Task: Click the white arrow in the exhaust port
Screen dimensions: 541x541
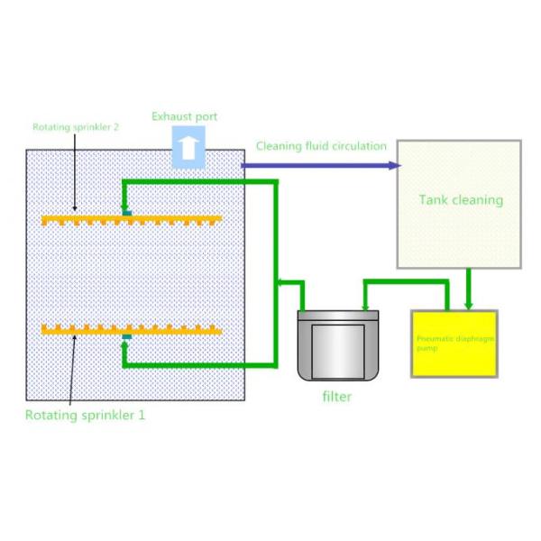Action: tap(188, 148)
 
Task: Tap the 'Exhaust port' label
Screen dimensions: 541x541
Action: tap(184, 116)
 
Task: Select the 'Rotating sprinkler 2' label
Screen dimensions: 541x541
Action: tap(76, 127)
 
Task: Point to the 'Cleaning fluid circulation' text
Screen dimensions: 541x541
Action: tap(322, 145)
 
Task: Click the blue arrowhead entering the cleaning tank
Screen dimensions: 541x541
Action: tap(394, 165)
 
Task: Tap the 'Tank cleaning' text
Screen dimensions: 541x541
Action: tap(461, 199)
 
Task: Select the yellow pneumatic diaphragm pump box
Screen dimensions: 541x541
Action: tap(454, 343)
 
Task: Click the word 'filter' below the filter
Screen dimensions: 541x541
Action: tap(337, 397)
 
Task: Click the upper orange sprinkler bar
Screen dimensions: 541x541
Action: tap(132, 219)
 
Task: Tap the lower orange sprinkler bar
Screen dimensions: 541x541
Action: tap(132, 330)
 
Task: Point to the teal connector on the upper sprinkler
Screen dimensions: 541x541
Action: tap(128, 213)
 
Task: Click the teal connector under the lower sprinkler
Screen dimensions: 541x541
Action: tap(127, 337)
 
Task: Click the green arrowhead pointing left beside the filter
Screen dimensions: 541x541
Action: tap(281, 283)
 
